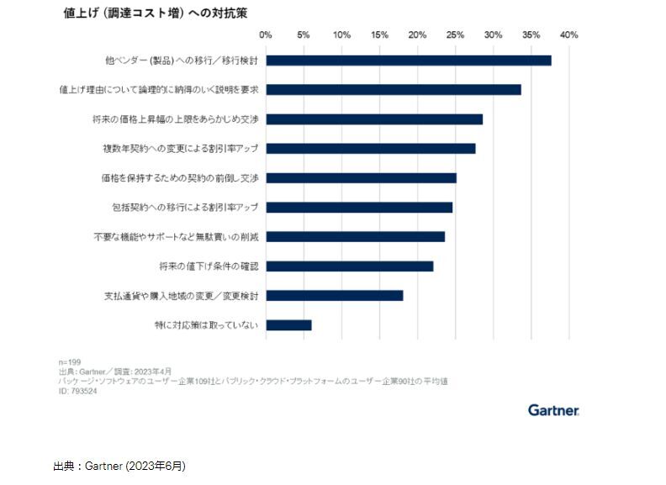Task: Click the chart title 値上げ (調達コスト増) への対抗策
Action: point(155,13)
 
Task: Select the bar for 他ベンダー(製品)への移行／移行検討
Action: point(409,61)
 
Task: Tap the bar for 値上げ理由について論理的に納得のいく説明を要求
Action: point(394,90)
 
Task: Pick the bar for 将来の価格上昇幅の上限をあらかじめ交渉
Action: point(374,119)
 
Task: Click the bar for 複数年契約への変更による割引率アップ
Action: point(371,149)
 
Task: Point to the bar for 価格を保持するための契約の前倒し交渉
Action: point(362,178)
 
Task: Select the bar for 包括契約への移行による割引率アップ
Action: point(359,208)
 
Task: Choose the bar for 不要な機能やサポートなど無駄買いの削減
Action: point(356,237)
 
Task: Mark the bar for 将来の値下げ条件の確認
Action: point(350,266)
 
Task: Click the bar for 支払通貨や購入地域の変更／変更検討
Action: point(335,296)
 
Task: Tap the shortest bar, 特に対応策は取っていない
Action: point(289,325)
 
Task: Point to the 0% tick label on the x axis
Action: point(266,35)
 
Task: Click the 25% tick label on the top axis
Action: point(455,35)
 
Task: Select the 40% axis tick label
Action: point(569,35)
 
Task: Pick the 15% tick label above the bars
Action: point(379,35)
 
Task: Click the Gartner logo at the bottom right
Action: point(553,410)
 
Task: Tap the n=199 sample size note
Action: point(69,361)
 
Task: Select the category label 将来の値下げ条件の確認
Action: point(208,266)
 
